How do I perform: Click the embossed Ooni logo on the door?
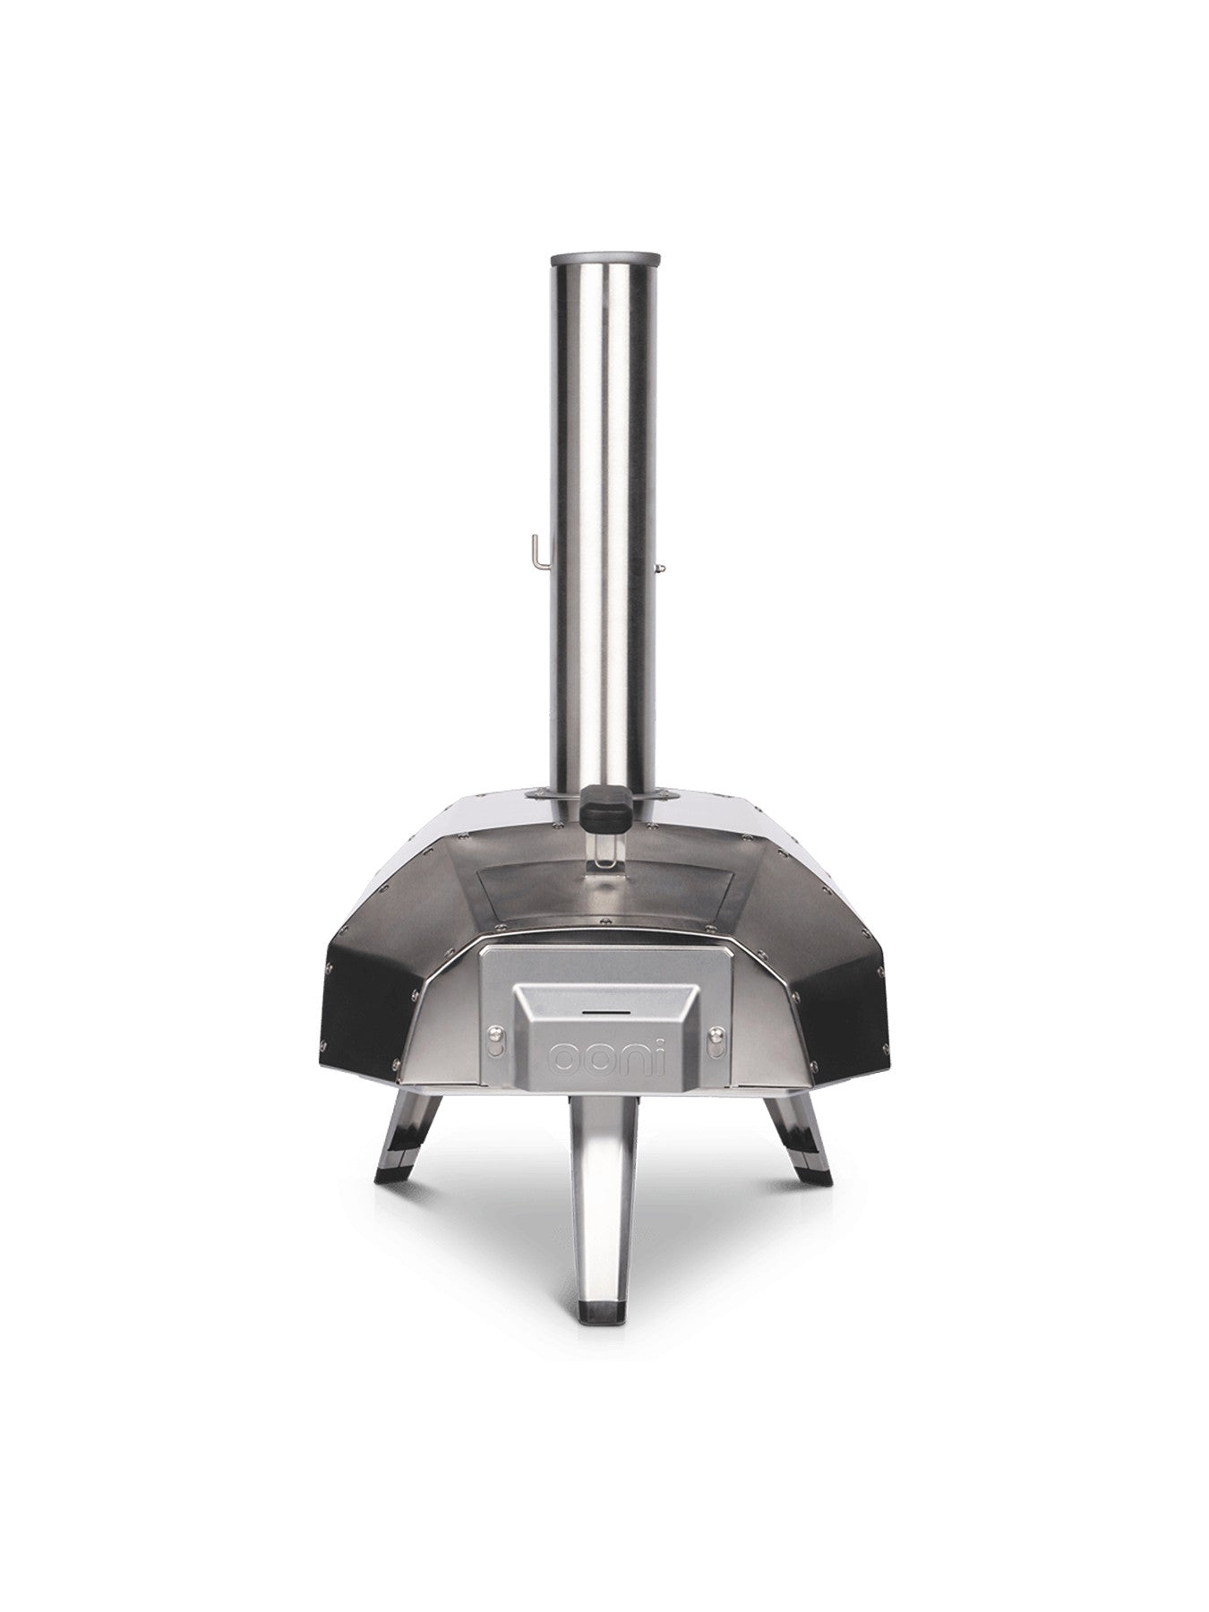point(604,1058)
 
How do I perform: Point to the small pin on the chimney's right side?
point(662,566)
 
